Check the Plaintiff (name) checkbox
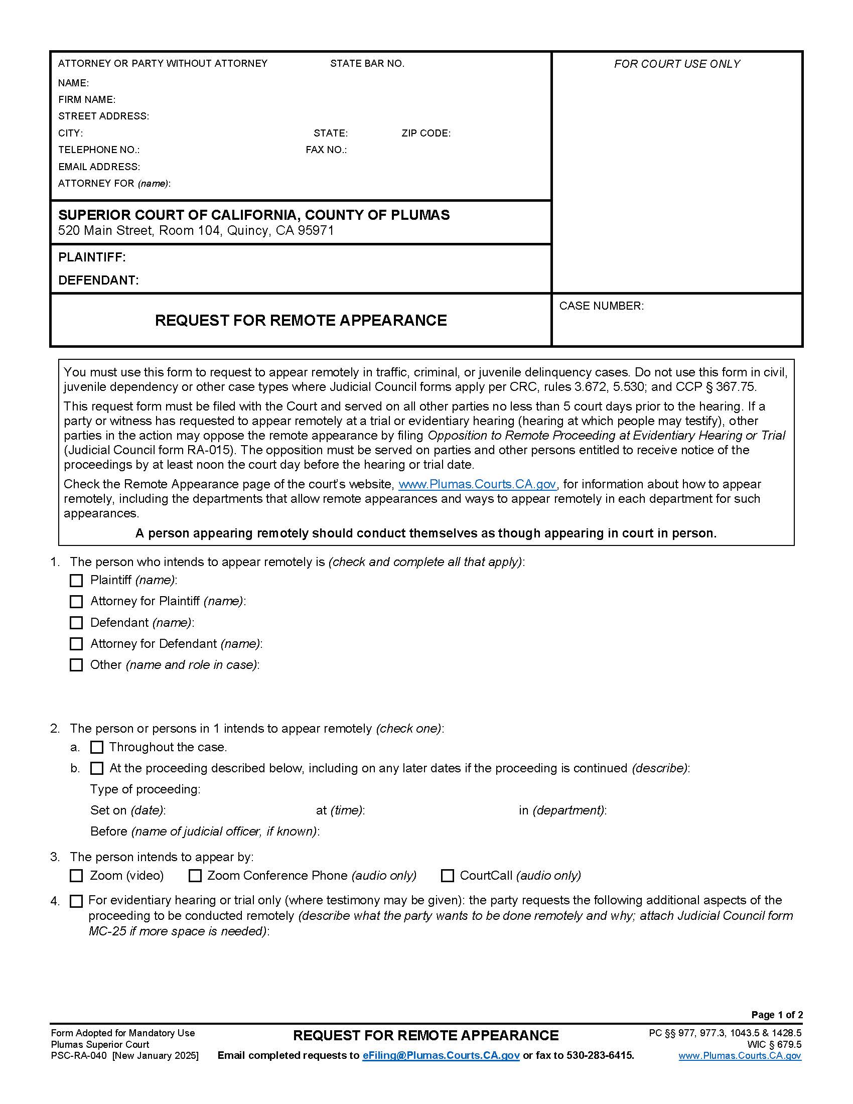point(76,580)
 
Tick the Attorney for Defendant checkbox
point(76,644)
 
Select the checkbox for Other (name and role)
point(76,665)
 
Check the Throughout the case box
point(96,747)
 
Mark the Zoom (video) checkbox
point(76,876)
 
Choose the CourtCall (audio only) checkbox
point(447,876)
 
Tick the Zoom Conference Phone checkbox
point(195,876)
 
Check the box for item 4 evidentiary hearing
point(76,901)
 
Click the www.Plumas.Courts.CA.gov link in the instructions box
point(477,484)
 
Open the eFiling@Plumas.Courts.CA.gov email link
point(441,1055)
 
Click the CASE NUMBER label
point(601,306)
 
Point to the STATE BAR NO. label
point(367,64)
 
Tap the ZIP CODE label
point(426,133)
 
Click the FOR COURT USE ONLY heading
point(677,64)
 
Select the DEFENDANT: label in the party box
point(98,280)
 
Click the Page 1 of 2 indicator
point(777,1015)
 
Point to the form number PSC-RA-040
point(79,1056)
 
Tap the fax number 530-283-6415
point(600,1055)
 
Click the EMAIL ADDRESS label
point(99,167)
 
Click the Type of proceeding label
point(145,789)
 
